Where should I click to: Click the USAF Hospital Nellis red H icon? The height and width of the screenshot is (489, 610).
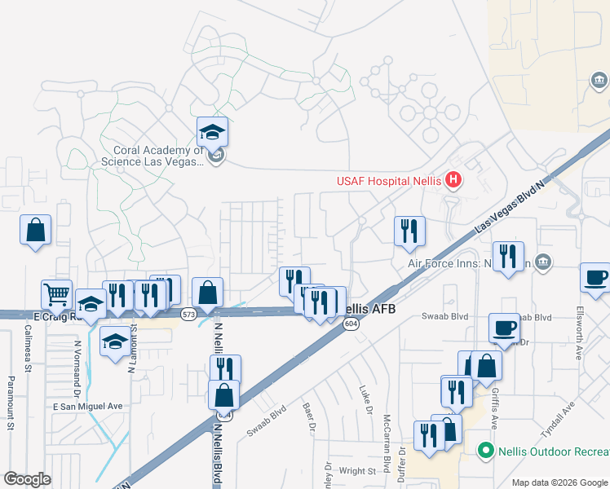coord(454,180)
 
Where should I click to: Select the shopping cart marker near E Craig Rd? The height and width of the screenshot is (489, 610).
coord(56,293)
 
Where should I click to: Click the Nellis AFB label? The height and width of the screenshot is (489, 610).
coord(366,309)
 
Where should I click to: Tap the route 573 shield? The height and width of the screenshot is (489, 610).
coord(188,313)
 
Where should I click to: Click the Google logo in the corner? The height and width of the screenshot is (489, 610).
coord(27,479)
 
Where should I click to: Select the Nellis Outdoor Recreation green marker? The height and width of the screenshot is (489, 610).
coord(486,451)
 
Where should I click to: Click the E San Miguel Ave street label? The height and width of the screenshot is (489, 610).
coord(87,406)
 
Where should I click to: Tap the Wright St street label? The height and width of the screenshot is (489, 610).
coord(356,470)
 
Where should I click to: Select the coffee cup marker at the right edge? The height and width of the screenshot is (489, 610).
coord(595,276)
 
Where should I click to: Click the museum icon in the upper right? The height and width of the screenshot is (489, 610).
coord(599,80)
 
